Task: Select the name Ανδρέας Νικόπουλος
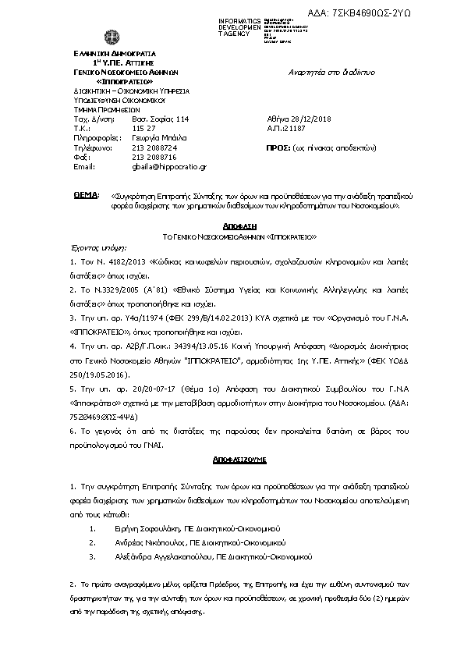[x=149, y=542]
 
